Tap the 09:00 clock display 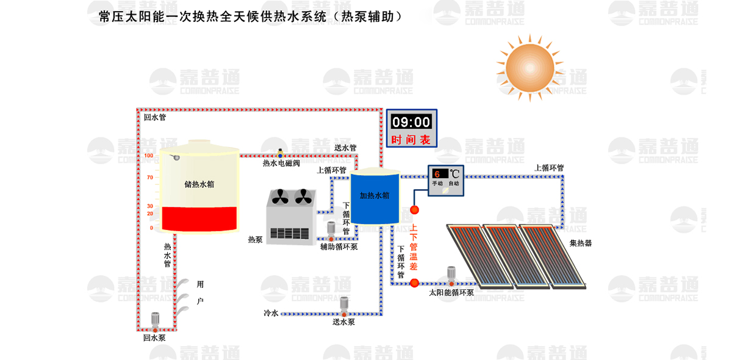(411, 121)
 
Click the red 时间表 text (411, 140)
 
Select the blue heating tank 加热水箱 (375, 197)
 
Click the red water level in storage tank (198, 219)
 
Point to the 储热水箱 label (199, 184)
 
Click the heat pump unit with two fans (290, 217)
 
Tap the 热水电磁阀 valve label (281, 164)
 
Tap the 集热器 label (580, 243)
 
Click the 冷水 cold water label (270, 313)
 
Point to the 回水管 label (154, 117)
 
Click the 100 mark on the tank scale (149, 156)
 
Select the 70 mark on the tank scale (149, 178)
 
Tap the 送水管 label (345, 148)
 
